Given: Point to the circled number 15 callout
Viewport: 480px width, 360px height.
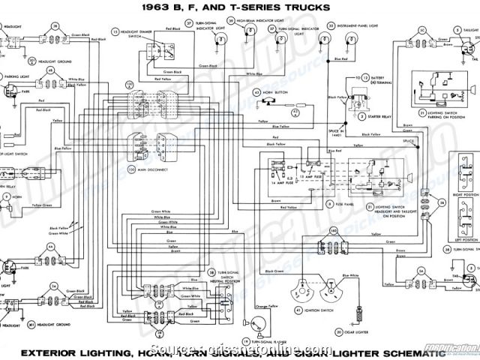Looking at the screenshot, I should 115,32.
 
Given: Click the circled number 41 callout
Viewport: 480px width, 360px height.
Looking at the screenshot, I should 297,308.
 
